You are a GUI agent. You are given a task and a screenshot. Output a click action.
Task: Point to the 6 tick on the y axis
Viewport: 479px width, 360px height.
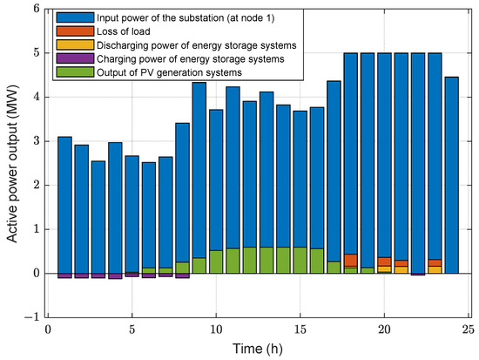click(34, 9)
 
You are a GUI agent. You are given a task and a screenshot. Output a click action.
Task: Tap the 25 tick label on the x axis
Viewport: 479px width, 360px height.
click(469, 329)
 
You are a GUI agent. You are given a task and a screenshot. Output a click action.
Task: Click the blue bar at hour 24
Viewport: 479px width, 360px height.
click(451, 174)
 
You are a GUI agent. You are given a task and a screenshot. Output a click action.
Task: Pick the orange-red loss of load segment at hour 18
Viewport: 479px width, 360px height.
click(350, 260)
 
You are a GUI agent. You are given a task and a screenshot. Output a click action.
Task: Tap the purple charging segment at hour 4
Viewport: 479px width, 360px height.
click(115, 276)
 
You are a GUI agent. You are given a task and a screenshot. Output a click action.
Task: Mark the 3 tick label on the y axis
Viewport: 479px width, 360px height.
click(34, 141)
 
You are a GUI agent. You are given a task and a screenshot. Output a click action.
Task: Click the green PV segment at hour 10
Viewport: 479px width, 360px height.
click(216, 262)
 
